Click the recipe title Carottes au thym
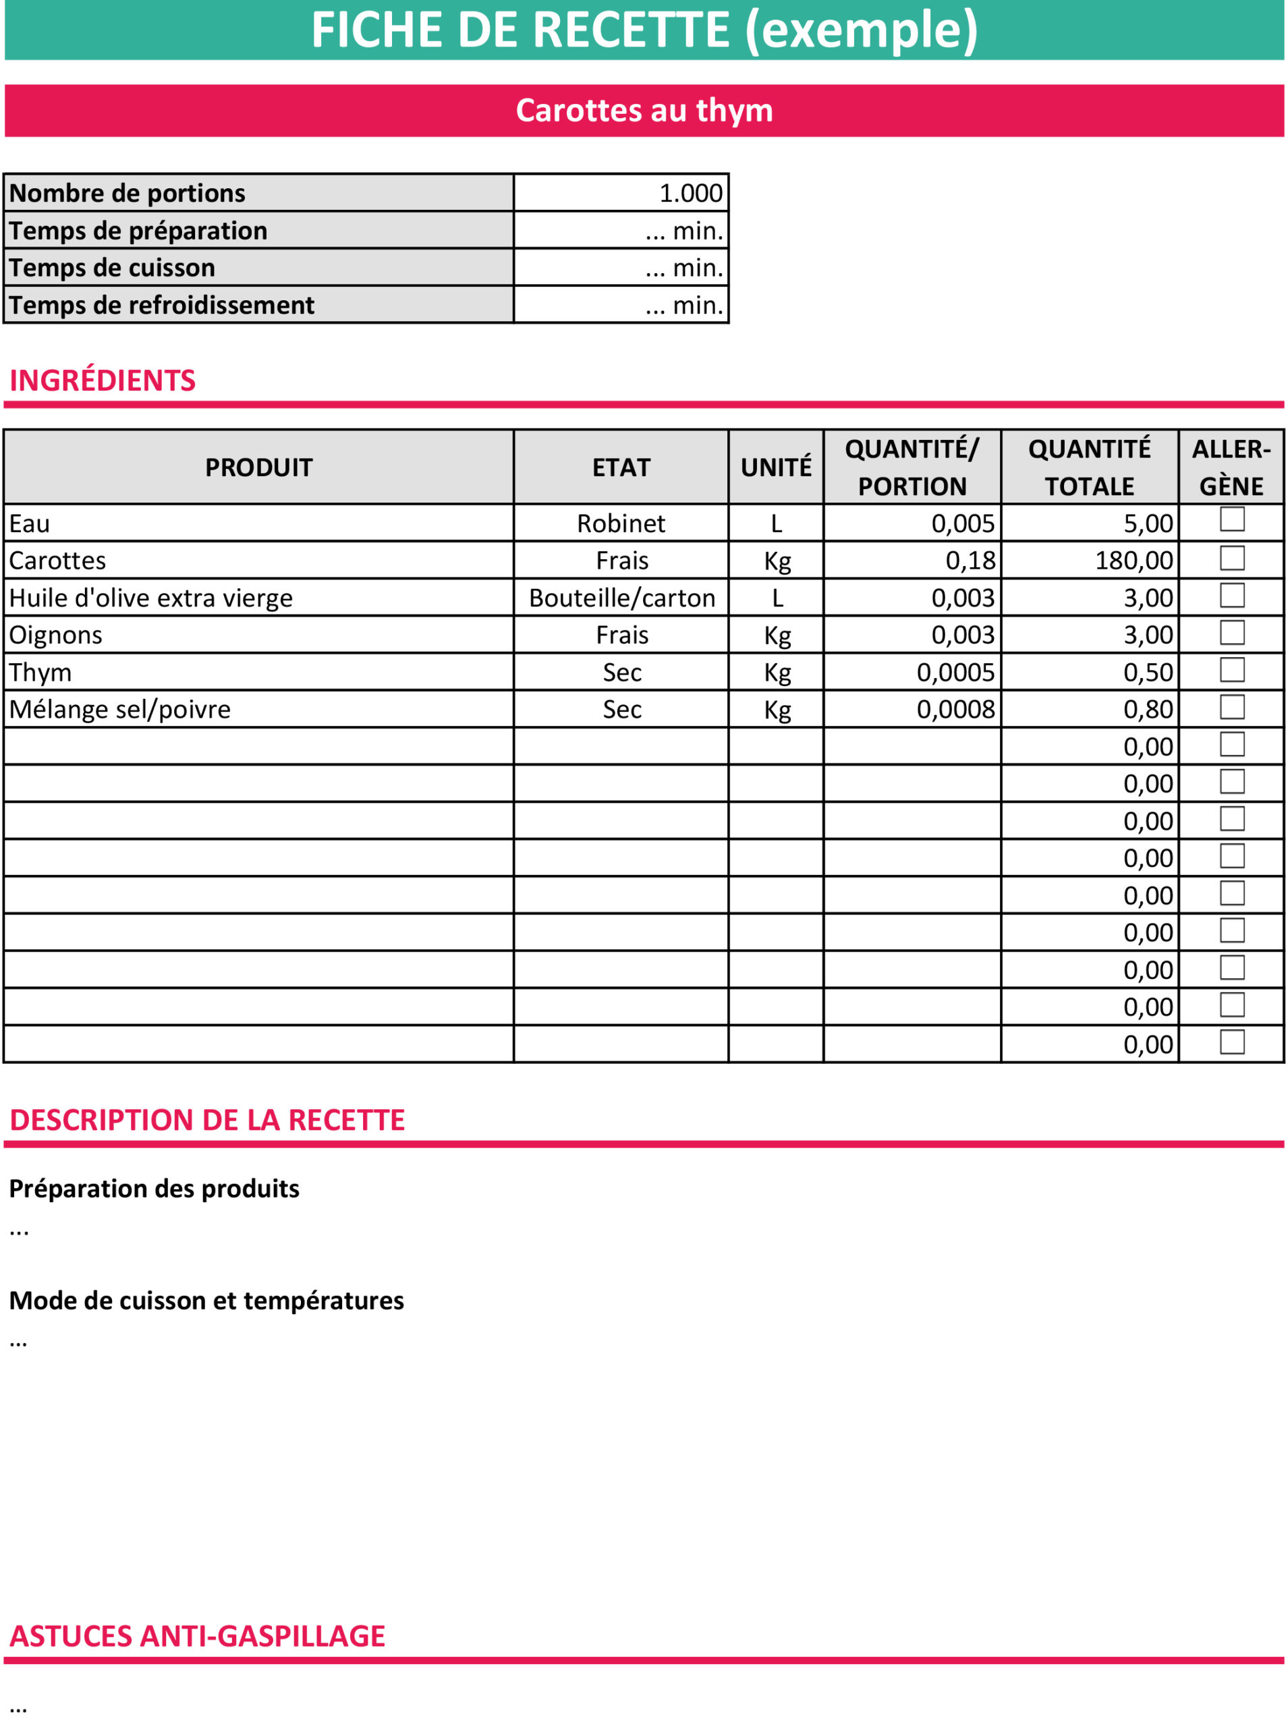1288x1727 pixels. point(644,111)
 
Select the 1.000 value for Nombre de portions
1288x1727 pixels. point(691,193)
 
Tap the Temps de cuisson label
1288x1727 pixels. point(112,267)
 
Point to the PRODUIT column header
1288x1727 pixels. point(259,468)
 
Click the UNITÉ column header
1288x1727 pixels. point(776,468)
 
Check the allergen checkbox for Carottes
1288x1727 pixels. point(1232,558)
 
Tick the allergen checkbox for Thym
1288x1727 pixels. point(1232,669)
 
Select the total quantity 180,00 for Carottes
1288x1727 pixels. point(1133,561)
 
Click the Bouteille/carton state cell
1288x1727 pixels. point(621,598)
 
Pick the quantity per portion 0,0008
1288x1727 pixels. point(955,709)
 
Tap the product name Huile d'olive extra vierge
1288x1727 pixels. point(151,598)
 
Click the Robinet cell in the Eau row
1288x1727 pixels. point(621,523)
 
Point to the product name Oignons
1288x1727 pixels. point(56,635)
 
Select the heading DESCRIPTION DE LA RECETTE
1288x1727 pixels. point(207,1120)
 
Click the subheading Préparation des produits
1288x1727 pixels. point(155,1189)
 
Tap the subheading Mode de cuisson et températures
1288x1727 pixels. point(206,1301)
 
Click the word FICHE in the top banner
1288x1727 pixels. point(377,30)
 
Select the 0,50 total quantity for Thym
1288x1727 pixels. point(1148,673)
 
